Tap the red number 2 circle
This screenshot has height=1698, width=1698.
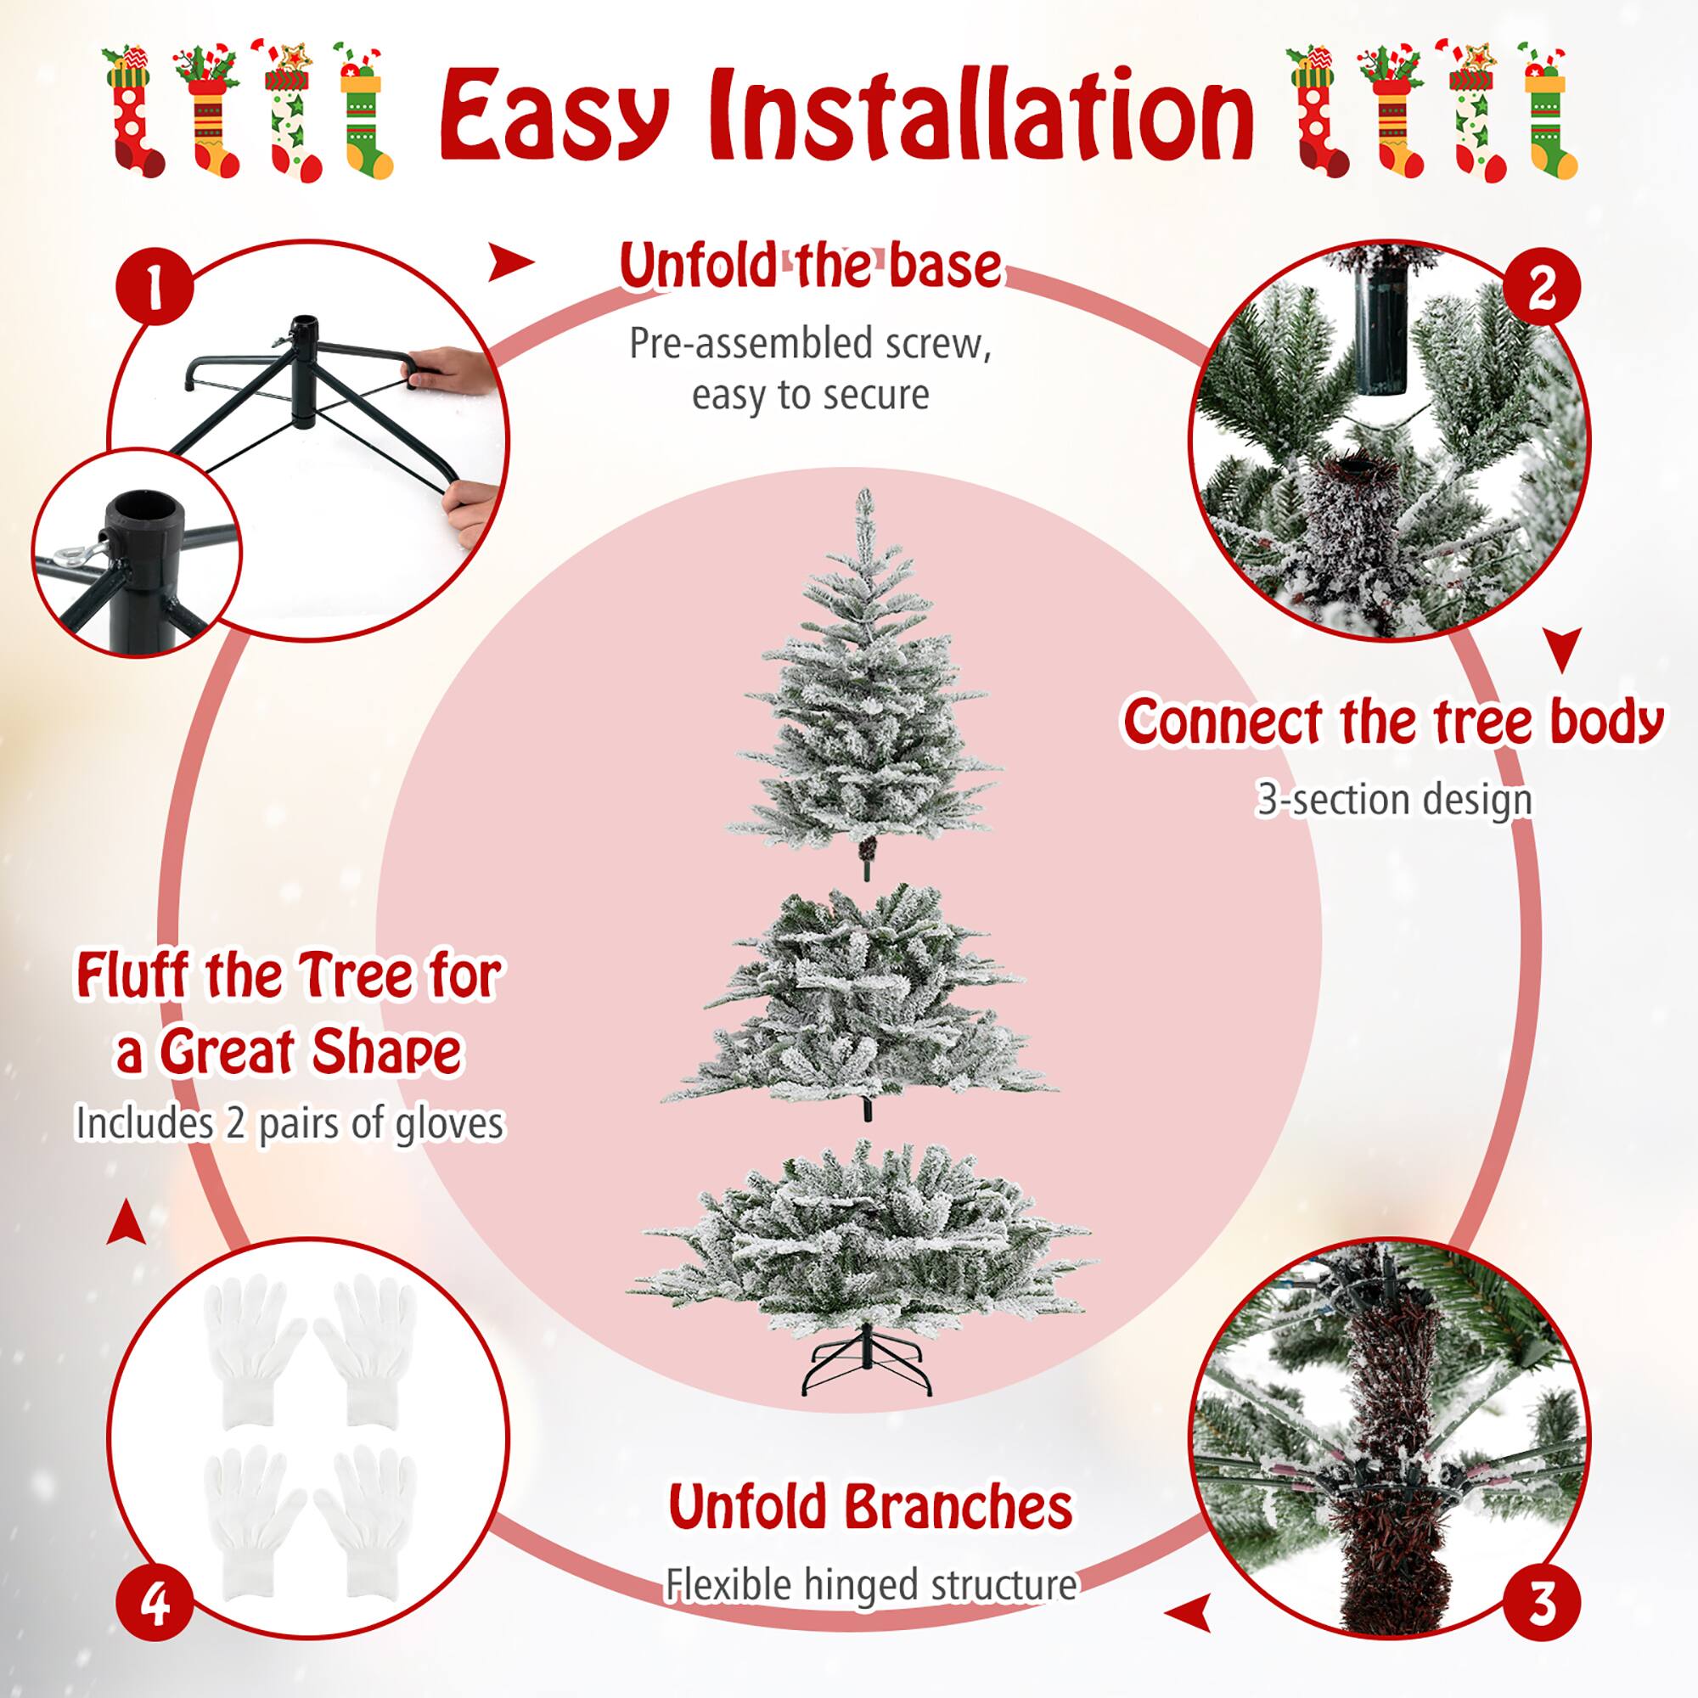pyautogui.click(x=1541, y=289)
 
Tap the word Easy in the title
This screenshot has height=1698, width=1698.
pyautogui.click(x=554, y=119)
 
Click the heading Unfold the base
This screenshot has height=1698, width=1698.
pyautogui.click(x=809, y=266)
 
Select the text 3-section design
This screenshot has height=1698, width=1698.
pyautogui.click(x=1394, y=800)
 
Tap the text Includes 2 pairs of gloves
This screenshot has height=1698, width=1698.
pyautogui.click(x=290, y=1124)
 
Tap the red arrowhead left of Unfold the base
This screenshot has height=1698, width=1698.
pyautogui.click(x=510, y=261)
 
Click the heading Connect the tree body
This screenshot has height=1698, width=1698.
pyautogui.click(x=1393, y=722)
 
